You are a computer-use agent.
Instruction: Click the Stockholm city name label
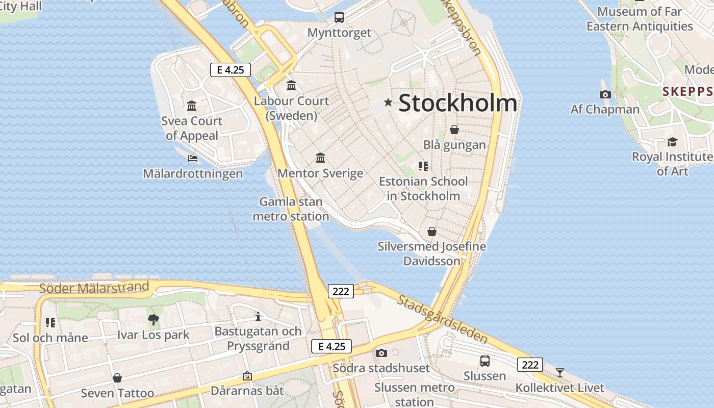tap(457, 103)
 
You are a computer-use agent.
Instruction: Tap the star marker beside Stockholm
tap(388, 103)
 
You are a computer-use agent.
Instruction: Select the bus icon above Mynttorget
tap(339, 17)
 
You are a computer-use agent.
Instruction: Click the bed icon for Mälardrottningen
tap(193, 159)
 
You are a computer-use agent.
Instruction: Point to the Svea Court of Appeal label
tap(192, 128)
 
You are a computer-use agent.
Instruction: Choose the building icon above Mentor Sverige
tap(320, 158)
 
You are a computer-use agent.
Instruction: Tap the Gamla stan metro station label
tap(291, 209)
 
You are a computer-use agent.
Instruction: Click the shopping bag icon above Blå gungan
tap(454, 130)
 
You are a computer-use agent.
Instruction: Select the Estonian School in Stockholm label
tap(423, 189)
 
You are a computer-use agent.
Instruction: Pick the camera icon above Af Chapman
tap(605, 94)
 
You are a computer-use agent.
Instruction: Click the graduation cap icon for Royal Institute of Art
tap(672, 142)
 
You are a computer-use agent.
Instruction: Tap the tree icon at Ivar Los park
tap(153, 320)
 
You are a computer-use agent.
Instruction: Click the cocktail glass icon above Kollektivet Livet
tap(560, 372)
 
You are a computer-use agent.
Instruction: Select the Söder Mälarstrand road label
tap(94, 288)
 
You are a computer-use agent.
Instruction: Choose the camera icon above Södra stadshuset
tap(381, 353)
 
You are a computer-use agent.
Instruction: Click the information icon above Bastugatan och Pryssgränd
tap(258, 316)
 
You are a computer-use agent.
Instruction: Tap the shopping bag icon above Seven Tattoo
tap(117, 378)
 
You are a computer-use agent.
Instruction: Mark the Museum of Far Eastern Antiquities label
tap(640, 19)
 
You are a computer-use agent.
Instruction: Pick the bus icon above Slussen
tap(485, 361)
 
